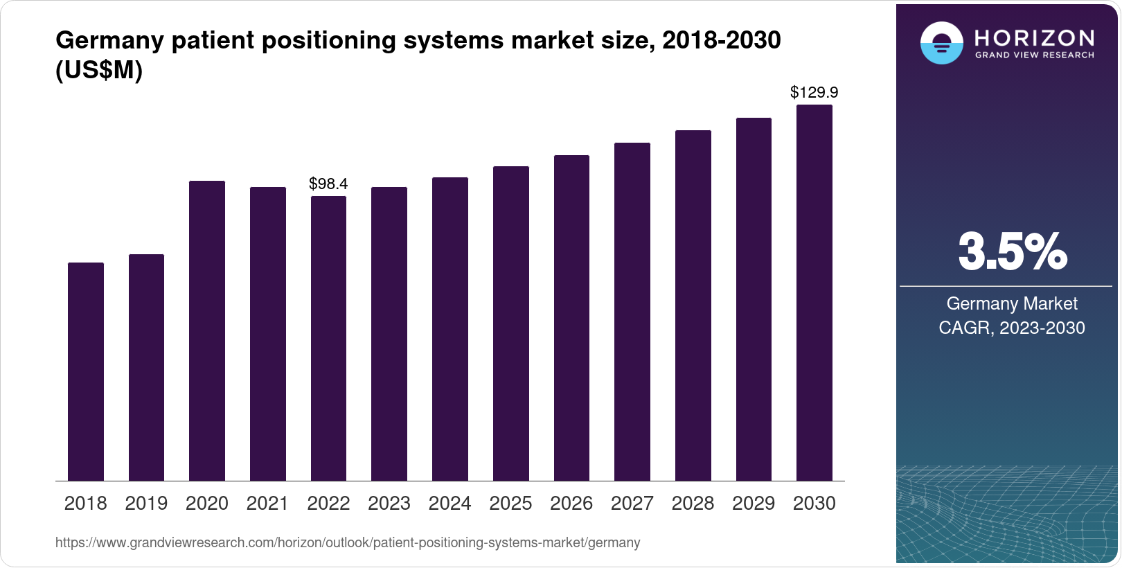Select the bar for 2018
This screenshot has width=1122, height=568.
[86, 371]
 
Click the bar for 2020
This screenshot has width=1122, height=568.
[207, 330]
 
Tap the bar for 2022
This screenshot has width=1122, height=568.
[328, 338]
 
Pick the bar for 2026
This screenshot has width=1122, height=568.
[571, 318]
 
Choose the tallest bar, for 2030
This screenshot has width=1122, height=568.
[814, 292]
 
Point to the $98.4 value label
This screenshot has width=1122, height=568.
[328, 184]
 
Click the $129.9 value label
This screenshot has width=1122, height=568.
[814, 93]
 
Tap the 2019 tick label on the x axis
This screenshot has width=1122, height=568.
[146, 504]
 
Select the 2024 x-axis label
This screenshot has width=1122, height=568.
[449, 504]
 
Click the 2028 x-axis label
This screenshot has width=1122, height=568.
[693, 504]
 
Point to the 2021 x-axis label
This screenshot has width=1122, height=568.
[267, 504]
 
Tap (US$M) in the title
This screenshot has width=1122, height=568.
[99, 71]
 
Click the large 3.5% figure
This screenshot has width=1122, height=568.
[1012, 252]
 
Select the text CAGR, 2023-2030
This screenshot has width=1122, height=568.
[1011, 328]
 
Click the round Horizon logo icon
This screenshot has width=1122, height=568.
[941, 43]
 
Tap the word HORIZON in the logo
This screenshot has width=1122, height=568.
[1034, 37]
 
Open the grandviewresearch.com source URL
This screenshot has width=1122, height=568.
[348, 543]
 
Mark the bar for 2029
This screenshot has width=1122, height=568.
[754, 299]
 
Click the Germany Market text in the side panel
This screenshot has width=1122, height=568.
[1012, 304]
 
